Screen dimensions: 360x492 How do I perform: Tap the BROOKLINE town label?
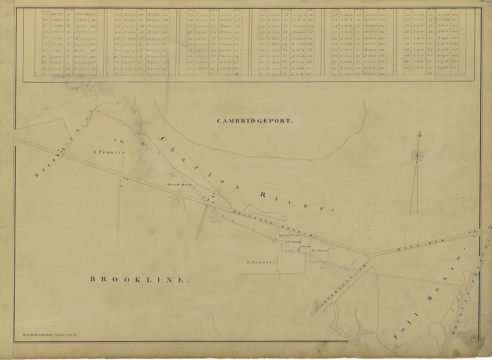pyautogui.click(x=137, y=280)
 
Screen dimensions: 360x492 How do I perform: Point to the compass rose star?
pyautogui.click(x=418, y=155)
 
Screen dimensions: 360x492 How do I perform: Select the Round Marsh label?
pyautogui.click(x=180, y=184)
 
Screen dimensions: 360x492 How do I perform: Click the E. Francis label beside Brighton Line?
pyautogui.click(x=110, y=152)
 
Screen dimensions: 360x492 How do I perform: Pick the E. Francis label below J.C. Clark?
pyautogui.click(x=260, y=263)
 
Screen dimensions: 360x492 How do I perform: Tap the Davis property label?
pyautogui.click(x=283, y=235)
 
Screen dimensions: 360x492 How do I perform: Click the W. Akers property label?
pyautogui.click(x=320, y=251)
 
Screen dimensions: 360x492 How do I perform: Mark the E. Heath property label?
pyautogui.click(x=305, y=247)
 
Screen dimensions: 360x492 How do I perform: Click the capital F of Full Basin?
pyautogui.click(x=398, y=335)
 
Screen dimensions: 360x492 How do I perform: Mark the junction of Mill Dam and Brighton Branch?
pyautogui.click(x=370, y=254)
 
